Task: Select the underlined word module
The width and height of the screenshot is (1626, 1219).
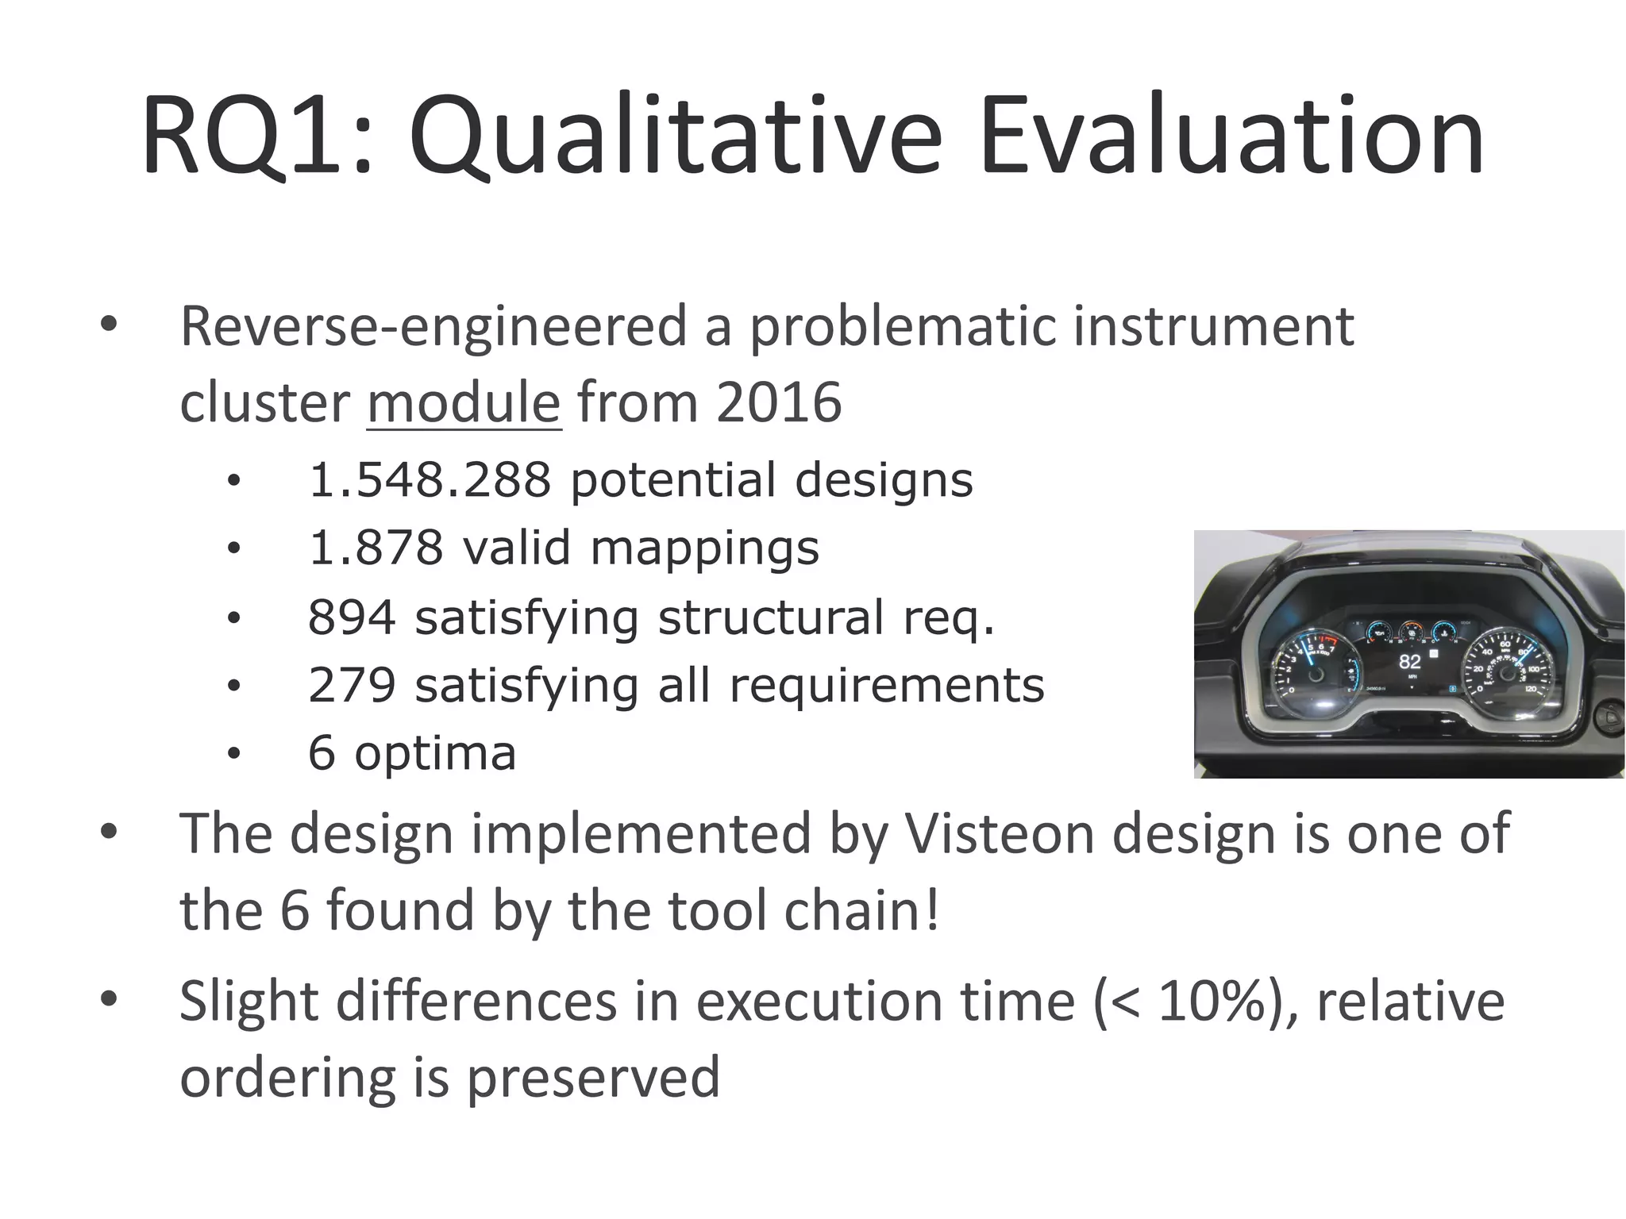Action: click(464, 402)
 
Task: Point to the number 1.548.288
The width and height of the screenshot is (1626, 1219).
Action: click(430, 480)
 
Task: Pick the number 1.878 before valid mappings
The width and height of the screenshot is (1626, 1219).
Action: click(375, 548)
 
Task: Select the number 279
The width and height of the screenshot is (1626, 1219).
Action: click(352, 685)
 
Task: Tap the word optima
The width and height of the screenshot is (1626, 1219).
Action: click(435, 753)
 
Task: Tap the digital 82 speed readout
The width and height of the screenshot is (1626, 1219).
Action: click(1409, 661)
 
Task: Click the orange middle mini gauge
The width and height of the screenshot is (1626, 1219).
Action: click(1411, 632)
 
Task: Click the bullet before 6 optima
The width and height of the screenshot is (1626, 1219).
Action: click(233, 754)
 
